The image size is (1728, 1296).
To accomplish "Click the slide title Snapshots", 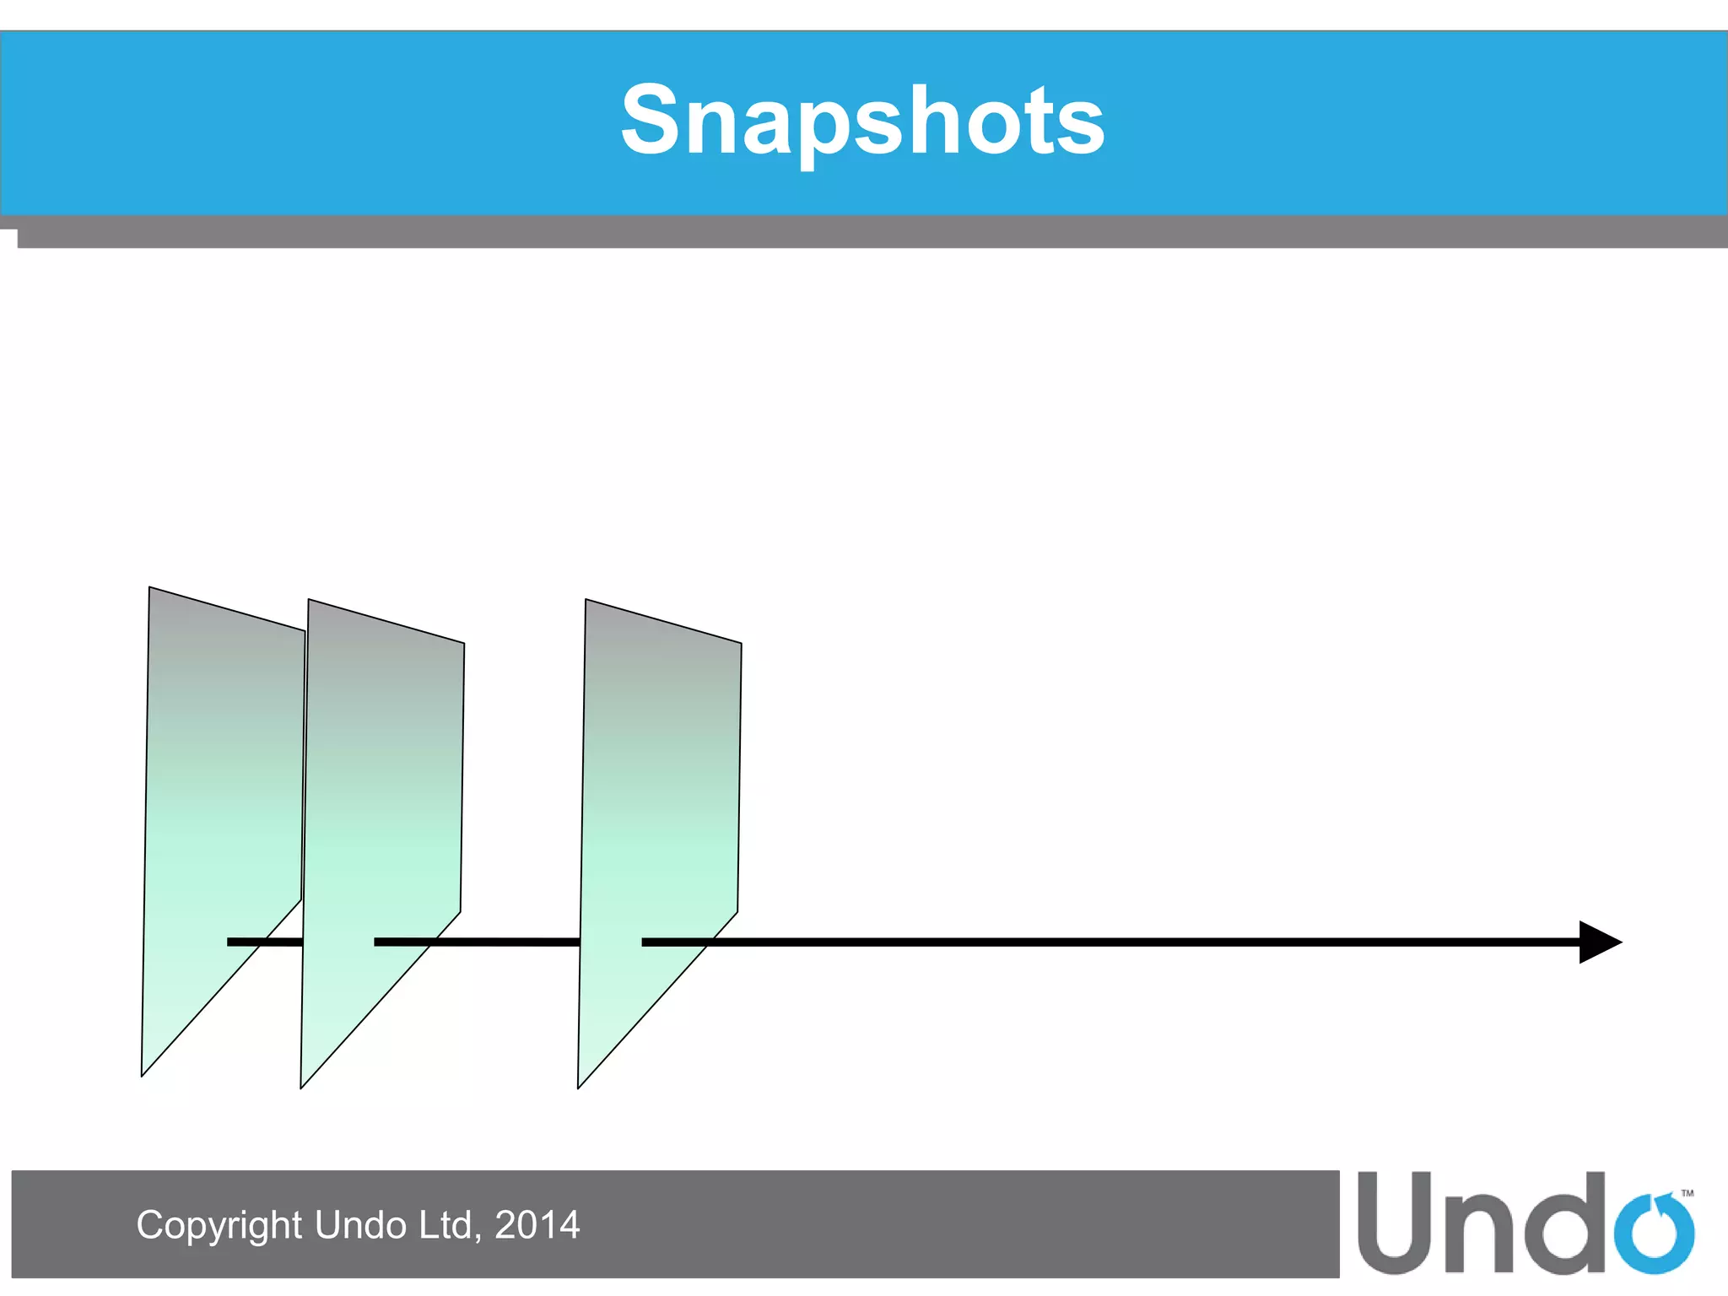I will click(862, 121).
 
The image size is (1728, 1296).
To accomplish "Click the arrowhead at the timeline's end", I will click(1598, 942).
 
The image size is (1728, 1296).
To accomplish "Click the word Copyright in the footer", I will click(219, 1225).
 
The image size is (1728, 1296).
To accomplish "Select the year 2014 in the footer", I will click(537, 1225).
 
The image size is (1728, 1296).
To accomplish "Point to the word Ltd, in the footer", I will click(450, 1225).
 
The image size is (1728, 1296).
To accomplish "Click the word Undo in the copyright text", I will click(360, 1225).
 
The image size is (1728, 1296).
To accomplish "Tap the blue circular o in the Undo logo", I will click(1654, 1234).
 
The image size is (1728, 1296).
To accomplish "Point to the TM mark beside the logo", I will click(1687, 1193).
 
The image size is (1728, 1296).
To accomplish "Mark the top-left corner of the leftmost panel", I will click(150, 588).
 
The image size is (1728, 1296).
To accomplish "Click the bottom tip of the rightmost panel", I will click(579, 1087).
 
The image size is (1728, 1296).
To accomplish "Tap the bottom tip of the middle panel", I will click(302, 1087).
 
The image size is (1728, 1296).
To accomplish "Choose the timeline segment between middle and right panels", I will click(506, 942).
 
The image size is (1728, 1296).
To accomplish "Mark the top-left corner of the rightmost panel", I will click(586, 601).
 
